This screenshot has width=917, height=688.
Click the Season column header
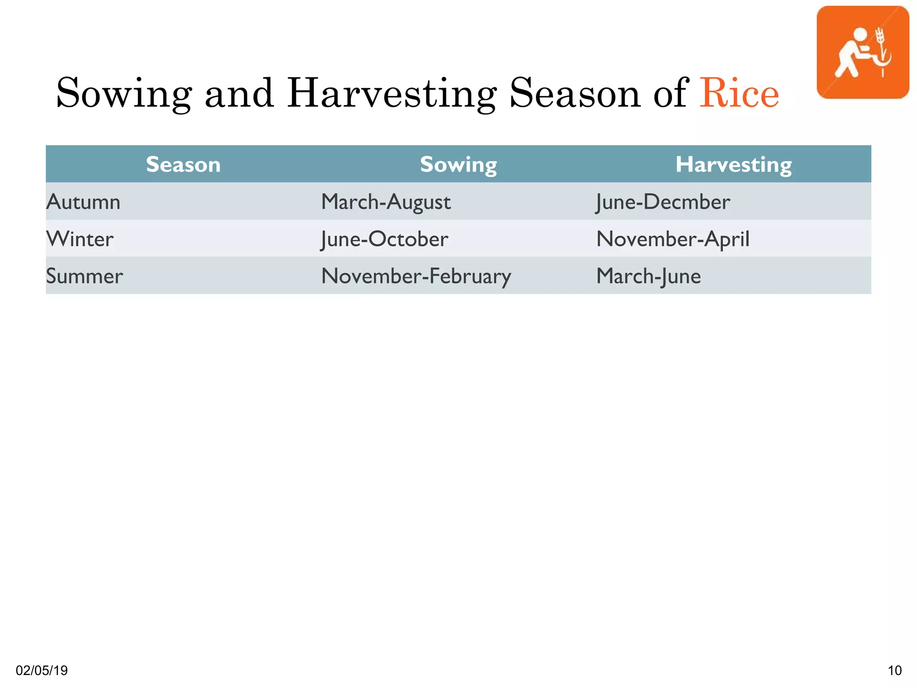pos(183,164)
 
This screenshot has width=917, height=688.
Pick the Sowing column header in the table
pos(458,164)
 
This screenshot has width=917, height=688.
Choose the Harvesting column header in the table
pos(733,164)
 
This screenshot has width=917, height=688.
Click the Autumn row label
pos(83,202)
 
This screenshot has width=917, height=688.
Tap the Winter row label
pos(80,239)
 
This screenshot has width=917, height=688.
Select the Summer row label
pos(84,276)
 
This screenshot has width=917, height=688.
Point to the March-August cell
pos(386,202)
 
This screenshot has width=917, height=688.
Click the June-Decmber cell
pos(663,202)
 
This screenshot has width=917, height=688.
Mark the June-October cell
pos(384,239)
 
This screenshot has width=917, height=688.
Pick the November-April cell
pos(673,239)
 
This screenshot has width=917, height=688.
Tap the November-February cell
pos(416,276)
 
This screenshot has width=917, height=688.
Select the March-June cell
pos(648,276)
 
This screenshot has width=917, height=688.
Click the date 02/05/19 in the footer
pos(42,671)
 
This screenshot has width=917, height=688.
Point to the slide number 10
pos(894,671)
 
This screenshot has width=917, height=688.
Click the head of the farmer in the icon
pos(860,34)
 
